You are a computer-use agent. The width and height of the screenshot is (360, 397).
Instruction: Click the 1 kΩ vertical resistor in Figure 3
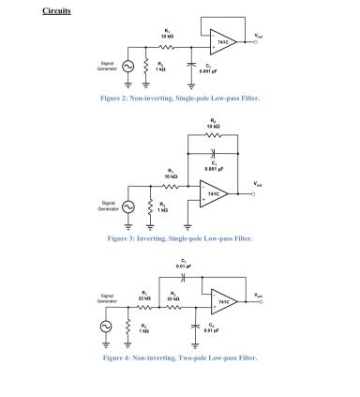(148, 208)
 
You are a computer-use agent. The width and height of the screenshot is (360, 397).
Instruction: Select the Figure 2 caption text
(179, 98)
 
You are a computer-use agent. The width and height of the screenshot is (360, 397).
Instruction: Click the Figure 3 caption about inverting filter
(179, 238)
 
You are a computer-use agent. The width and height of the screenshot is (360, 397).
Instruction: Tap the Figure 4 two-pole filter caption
(179, 358)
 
